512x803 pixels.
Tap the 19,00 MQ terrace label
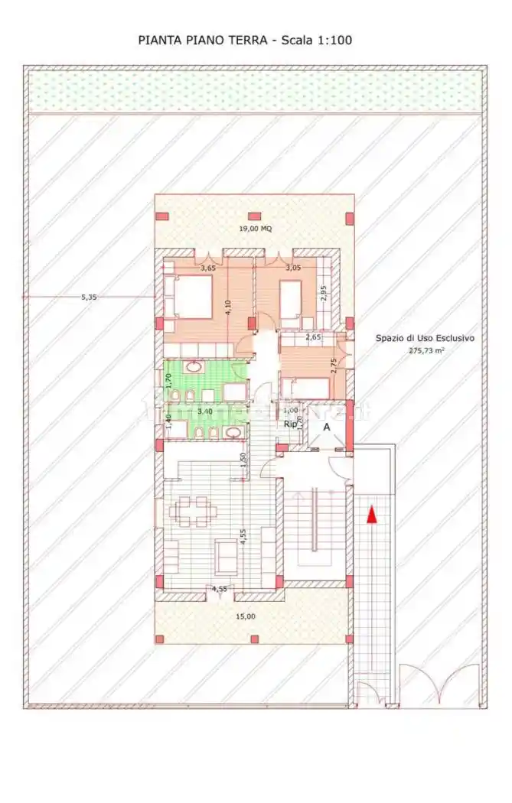255,229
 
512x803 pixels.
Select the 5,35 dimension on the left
89,297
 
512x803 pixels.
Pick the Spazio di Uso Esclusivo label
426,337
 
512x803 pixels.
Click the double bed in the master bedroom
188,296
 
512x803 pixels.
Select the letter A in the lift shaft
327,428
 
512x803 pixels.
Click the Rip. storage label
291,424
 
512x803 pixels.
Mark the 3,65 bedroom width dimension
208,268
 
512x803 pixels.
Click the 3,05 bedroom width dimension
293,268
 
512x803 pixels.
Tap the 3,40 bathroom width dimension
205,411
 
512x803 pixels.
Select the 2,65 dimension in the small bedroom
313,336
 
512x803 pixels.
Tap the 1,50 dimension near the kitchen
243,459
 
